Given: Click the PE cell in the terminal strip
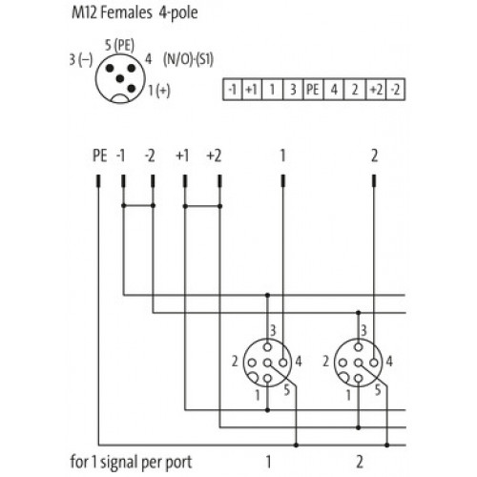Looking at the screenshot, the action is [313, 90].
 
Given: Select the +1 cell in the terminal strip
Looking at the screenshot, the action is [252, 90].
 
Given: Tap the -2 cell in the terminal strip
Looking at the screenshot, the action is [395, 90].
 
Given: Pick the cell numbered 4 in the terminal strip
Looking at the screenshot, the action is [334, 90].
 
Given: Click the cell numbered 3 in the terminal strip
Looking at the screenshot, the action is [293, 90].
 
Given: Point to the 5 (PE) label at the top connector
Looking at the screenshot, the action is [119, 45].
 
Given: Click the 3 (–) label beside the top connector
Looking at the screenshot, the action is [81, 59].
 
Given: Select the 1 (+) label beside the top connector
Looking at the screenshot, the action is [159, 91].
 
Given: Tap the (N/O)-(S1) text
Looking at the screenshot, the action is [188, 59].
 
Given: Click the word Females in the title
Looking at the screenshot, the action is [126, 12].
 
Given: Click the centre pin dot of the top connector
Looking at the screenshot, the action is [120, 78].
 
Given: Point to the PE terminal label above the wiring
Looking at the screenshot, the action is [100, 156].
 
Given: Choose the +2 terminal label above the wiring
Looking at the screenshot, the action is [214, 156].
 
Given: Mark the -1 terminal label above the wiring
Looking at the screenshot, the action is [120, 156].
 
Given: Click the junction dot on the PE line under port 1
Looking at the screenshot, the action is [297, 445].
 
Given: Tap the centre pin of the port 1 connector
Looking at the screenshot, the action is [268, 363].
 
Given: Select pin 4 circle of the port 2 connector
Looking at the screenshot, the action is [374, 363].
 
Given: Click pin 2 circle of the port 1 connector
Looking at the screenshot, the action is [252, 363].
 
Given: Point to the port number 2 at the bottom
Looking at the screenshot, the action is [360, 462].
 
